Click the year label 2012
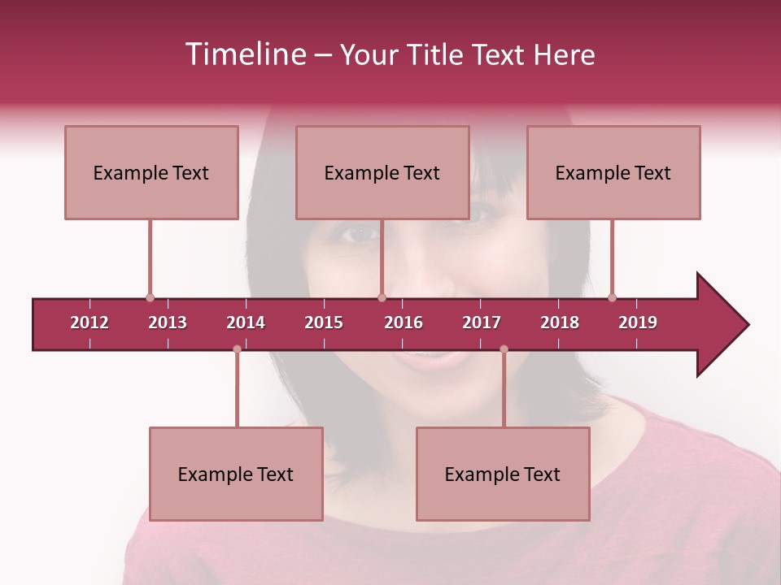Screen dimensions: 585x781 89,323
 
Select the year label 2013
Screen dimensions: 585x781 168,323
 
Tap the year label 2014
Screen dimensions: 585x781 246,323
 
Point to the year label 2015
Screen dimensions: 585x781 324,323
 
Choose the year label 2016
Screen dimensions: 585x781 404,323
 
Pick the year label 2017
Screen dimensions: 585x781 482,323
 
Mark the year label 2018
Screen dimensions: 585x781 560,323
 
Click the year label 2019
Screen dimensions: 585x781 638,323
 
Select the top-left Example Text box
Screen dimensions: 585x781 151,172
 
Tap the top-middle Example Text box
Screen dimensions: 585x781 382,172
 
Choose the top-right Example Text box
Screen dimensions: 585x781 613,172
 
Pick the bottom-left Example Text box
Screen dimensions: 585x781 236,474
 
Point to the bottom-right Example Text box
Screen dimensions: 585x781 503,474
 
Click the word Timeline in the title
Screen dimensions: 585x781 244,54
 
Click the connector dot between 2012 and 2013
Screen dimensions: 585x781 150,298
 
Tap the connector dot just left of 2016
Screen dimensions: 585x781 382,298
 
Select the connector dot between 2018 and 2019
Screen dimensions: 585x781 612,298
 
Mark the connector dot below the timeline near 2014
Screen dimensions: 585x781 237,349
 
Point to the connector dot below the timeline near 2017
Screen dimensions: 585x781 504,349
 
